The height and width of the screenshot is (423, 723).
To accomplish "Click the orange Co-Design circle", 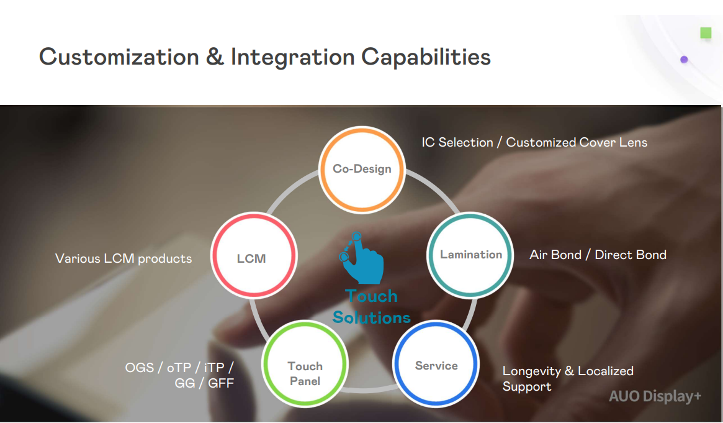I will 362,169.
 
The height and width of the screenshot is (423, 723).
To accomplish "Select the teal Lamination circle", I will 471,255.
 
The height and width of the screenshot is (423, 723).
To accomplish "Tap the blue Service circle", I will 436,366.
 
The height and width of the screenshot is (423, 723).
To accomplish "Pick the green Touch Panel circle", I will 305,373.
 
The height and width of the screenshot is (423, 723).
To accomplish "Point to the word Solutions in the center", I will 371,317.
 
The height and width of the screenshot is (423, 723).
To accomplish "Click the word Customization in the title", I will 119,57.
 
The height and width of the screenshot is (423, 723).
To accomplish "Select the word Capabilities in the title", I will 426,57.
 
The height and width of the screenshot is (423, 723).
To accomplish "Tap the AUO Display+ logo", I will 655,396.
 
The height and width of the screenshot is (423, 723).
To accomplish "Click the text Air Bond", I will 555,255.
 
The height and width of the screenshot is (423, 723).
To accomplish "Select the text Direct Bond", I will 631,255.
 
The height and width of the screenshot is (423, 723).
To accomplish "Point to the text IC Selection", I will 457,142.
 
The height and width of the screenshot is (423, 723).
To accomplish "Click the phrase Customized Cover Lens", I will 577,142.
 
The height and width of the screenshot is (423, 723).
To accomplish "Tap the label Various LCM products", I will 123,258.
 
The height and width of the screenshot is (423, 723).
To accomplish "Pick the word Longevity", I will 531,371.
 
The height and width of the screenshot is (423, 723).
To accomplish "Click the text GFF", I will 221,383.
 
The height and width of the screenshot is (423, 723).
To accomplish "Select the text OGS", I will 139,368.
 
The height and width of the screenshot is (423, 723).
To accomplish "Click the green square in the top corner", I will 706,33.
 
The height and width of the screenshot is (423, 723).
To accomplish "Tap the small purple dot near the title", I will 684,60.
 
